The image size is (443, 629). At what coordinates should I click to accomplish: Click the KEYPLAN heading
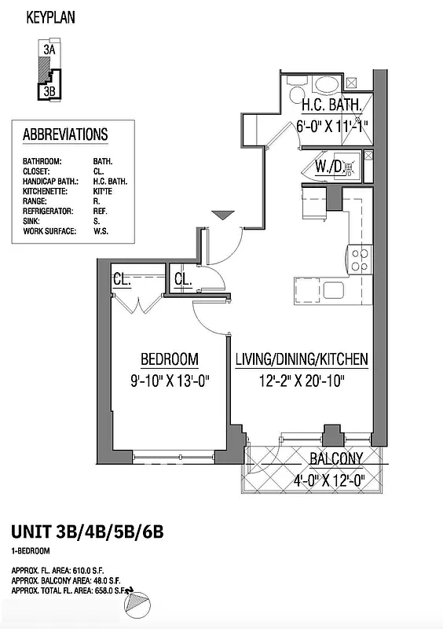[x=50, y=17]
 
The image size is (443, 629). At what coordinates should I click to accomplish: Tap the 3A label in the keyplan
[x=49, y=50]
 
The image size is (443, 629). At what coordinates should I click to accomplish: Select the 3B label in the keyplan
[x=49, y=90]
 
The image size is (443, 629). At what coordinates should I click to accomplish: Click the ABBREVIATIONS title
[x=65, y=134]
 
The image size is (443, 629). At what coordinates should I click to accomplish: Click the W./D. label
[x=328, y=167]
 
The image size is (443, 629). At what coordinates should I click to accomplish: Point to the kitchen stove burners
[x=359, y=260]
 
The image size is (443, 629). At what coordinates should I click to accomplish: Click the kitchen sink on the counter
[x=333, y=290]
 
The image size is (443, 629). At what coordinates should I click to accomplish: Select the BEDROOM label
[x=169, y=359]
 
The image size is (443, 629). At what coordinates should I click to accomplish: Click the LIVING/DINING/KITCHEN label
[x=302, y=359]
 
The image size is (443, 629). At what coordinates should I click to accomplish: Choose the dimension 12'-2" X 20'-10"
[x=302, y=381]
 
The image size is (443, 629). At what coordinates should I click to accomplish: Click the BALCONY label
[x=335, y=459]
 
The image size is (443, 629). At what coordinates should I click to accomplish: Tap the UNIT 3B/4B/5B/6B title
[x=87, y=534]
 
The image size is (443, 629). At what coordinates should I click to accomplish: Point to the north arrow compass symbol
[x=137, y=602]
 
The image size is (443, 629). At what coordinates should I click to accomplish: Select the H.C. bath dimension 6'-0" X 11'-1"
[x=331, y=125]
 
